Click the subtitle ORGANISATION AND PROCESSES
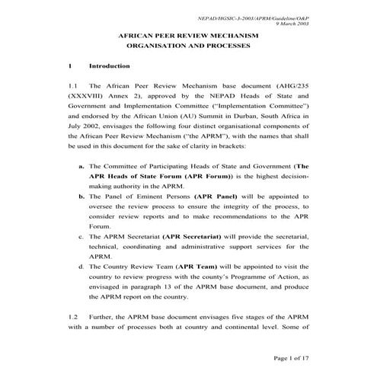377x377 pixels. coord(189,46)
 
